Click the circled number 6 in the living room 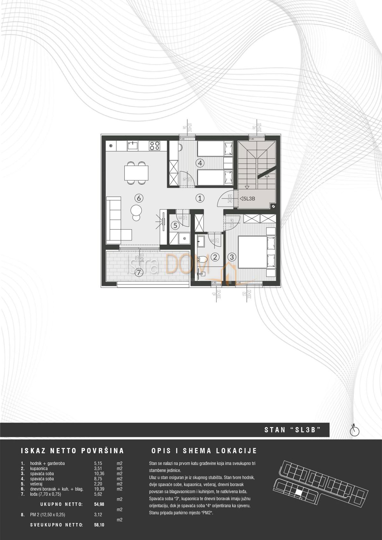point(138,198)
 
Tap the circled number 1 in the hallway point(200,198)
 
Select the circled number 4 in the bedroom point(200,163)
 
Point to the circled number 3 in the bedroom point(232,257)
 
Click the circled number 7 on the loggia point(138,272)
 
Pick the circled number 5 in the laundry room point(175,225)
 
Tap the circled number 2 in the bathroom point(216,257)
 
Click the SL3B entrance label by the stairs point(248,199)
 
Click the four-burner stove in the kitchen point(155,146)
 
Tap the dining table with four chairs point(136,173)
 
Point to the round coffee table point(137,210)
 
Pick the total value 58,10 point(99,525)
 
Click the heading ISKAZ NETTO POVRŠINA point(72,451)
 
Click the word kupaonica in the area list point(39,468)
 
